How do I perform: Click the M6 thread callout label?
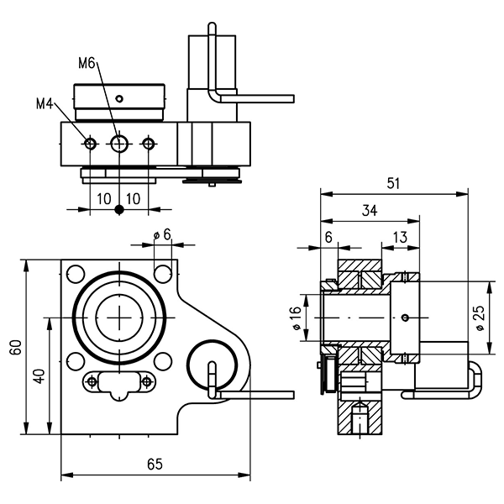(87, 63)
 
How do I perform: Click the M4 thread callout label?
(45, 104)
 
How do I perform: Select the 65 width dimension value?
(155, 464)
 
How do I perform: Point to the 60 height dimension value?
(14, 348)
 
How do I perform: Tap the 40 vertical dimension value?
(38, 375)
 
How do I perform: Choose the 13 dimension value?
(400, 239)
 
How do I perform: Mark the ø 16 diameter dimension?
(295, 318)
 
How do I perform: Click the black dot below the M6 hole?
(118, 209)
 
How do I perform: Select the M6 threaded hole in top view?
(118, 144)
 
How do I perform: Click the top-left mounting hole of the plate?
(76, 273)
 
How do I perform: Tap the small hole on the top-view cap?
(119, 98)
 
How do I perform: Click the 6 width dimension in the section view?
(328, 238)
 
